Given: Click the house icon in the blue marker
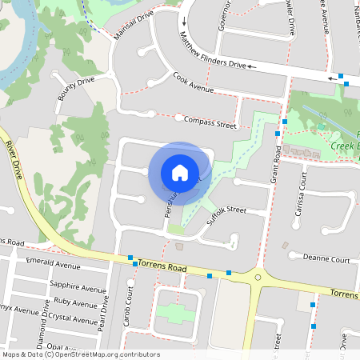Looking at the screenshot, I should coord(180,173).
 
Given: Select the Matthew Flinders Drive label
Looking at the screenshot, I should coord(212,52).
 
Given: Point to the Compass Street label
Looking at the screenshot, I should coord(210,122).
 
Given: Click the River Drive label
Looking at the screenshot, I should coord(15,160).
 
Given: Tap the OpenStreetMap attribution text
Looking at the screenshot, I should coord(80,354).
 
